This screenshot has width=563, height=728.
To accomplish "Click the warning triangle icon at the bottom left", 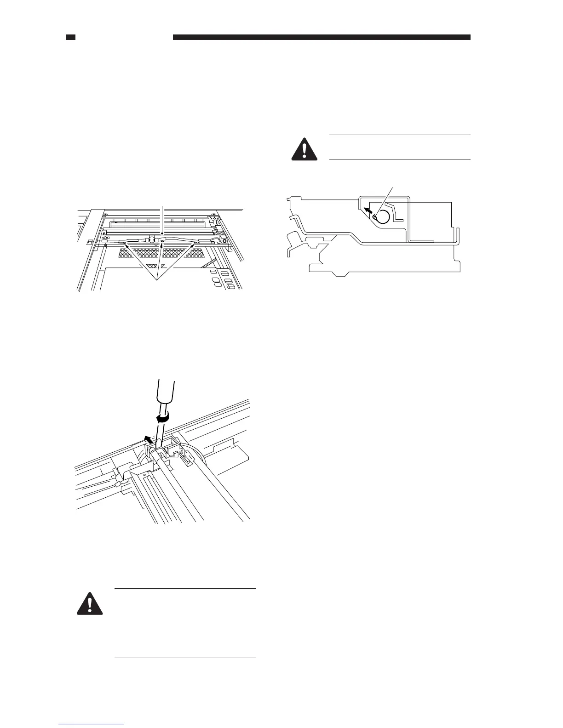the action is tap(89, 602).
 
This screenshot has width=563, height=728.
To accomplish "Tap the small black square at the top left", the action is tap(70, 37).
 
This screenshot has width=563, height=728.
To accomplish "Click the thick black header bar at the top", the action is tap(322, 37).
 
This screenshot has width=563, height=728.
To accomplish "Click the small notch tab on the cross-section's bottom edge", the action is tap(340, 275).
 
